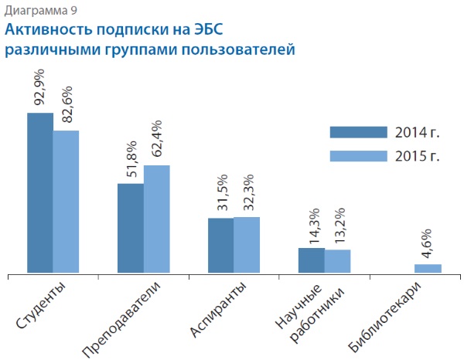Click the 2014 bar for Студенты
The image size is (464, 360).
pyautogui.click(x=40, y=192)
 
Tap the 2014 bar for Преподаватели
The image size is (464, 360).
pyautogui.click(x=130, y=228)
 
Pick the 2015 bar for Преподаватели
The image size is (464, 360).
pyautogui.click(x=156, y=219)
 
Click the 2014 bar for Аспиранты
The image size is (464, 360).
pyautogui.click(x=220, y=245)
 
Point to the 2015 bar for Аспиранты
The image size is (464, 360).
pyautogui.click(x=247, y=244)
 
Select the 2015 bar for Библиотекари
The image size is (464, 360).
pyautogui.click(x=428, y=268)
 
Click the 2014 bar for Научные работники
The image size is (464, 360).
pyautogui.click(x=311, y=260)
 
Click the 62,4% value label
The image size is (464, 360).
pyautogui.click(x=156, y=139)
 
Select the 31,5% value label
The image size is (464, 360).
pyautogui.click(x=220, y=193)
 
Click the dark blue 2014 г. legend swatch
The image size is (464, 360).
pyautogui.click(x=357, y=132)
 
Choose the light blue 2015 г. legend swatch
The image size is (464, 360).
pyautogui.click(x=357, y=155)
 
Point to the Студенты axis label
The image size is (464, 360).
pyautogui.click(x=41, y=307)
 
